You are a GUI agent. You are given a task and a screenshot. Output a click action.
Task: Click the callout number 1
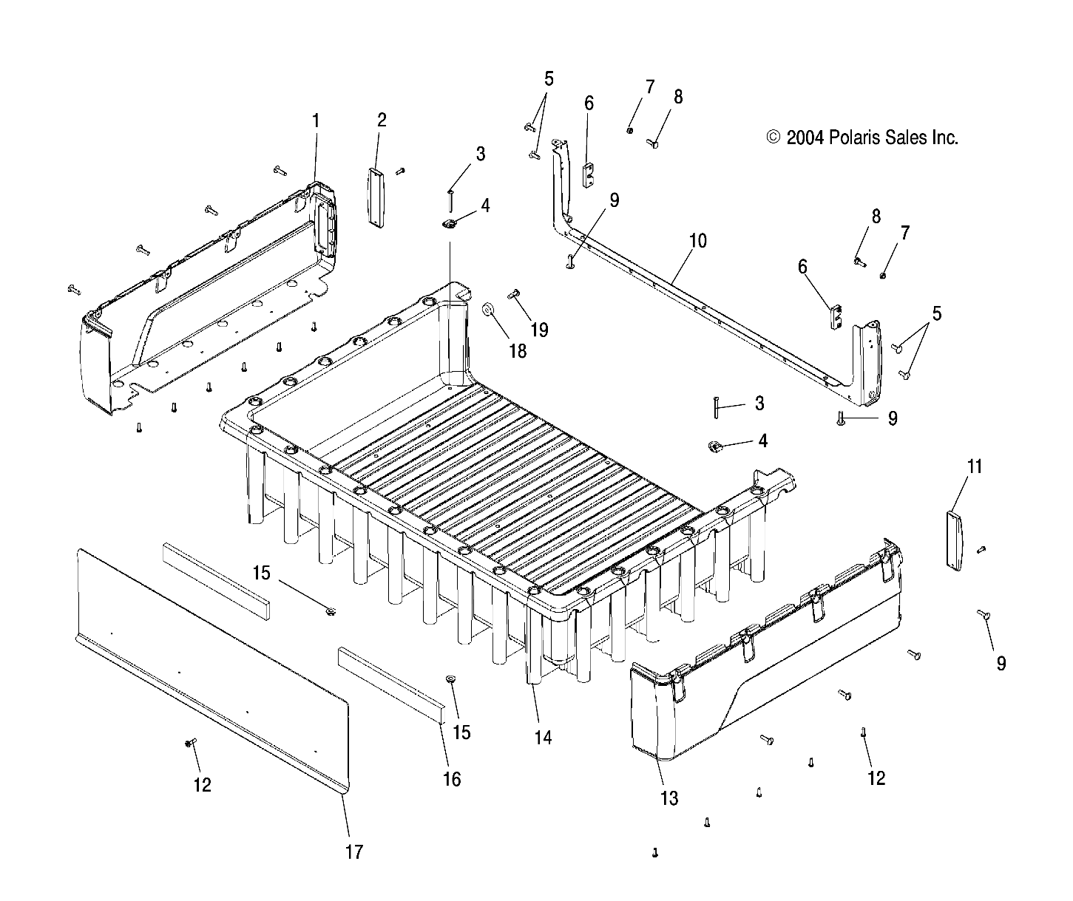(316, 120)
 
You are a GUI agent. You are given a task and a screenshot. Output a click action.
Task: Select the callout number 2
(382, 120)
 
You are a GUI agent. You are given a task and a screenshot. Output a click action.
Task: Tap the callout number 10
(697, 241)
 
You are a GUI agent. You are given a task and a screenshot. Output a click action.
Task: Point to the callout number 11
(975, 466)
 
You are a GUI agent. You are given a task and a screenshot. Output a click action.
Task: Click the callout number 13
(668, 798)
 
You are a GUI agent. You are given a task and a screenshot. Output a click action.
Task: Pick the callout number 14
(543, 737)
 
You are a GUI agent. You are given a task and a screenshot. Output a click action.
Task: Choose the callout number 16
(451, 778)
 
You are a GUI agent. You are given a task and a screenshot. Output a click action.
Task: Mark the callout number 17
(354, 851)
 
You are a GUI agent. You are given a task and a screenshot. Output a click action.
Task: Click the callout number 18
(518, 350)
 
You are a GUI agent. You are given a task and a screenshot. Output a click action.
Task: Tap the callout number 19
(540, 329)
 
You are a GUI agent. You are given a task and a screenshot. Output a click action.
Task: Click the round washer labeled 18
(488, 308)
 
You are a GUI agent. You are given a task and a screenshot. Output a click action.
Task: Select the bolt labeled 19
(515, 294)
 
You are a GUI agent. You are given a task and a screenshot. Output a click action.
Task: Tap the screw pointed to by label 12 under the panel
(191, 743)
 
